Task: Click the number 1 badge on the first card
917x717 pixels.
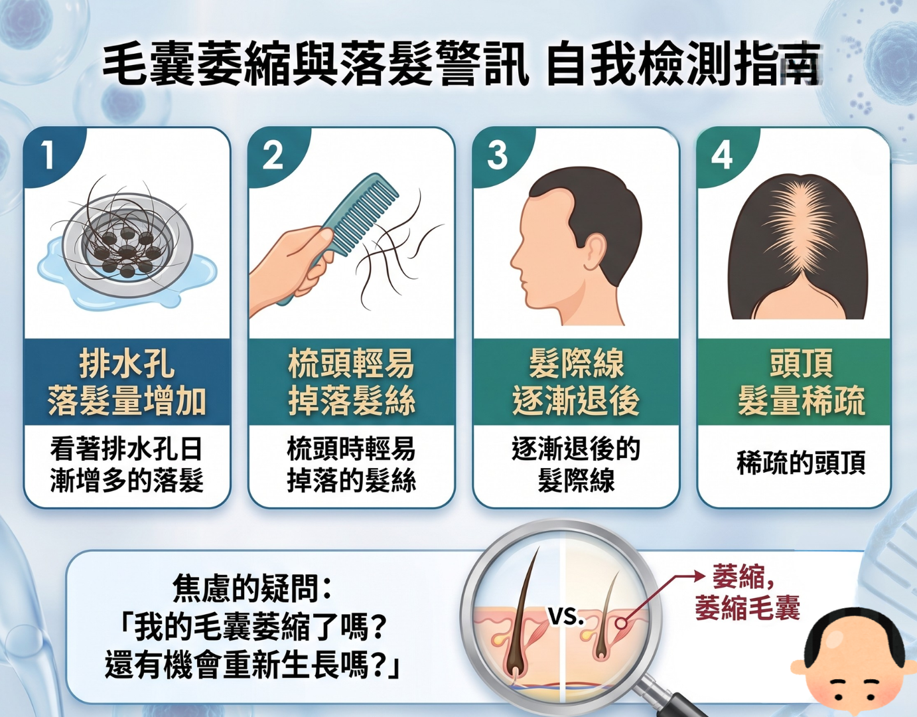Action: point(48,155)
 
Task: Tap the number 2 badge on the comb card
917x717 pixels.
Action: point(273,156)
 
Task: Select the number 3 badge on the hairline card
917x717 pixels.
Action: point(497,156)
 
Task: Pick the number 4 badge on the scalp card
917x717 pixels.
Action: point(722,156)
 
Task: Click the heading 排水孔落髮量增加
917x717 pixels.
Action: point(127,382)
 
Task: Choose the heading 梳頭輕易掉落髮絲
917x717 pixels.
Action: point(352,382)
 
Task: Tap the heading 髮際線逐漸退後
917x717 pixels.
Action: point(576,382)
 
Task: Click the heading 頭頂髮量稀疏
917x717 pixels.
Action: point(801,382)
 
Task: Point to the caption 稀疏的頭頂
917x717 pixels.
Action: point(801,462)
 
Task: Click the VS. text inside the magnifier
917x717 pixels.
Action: point(566,617)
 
